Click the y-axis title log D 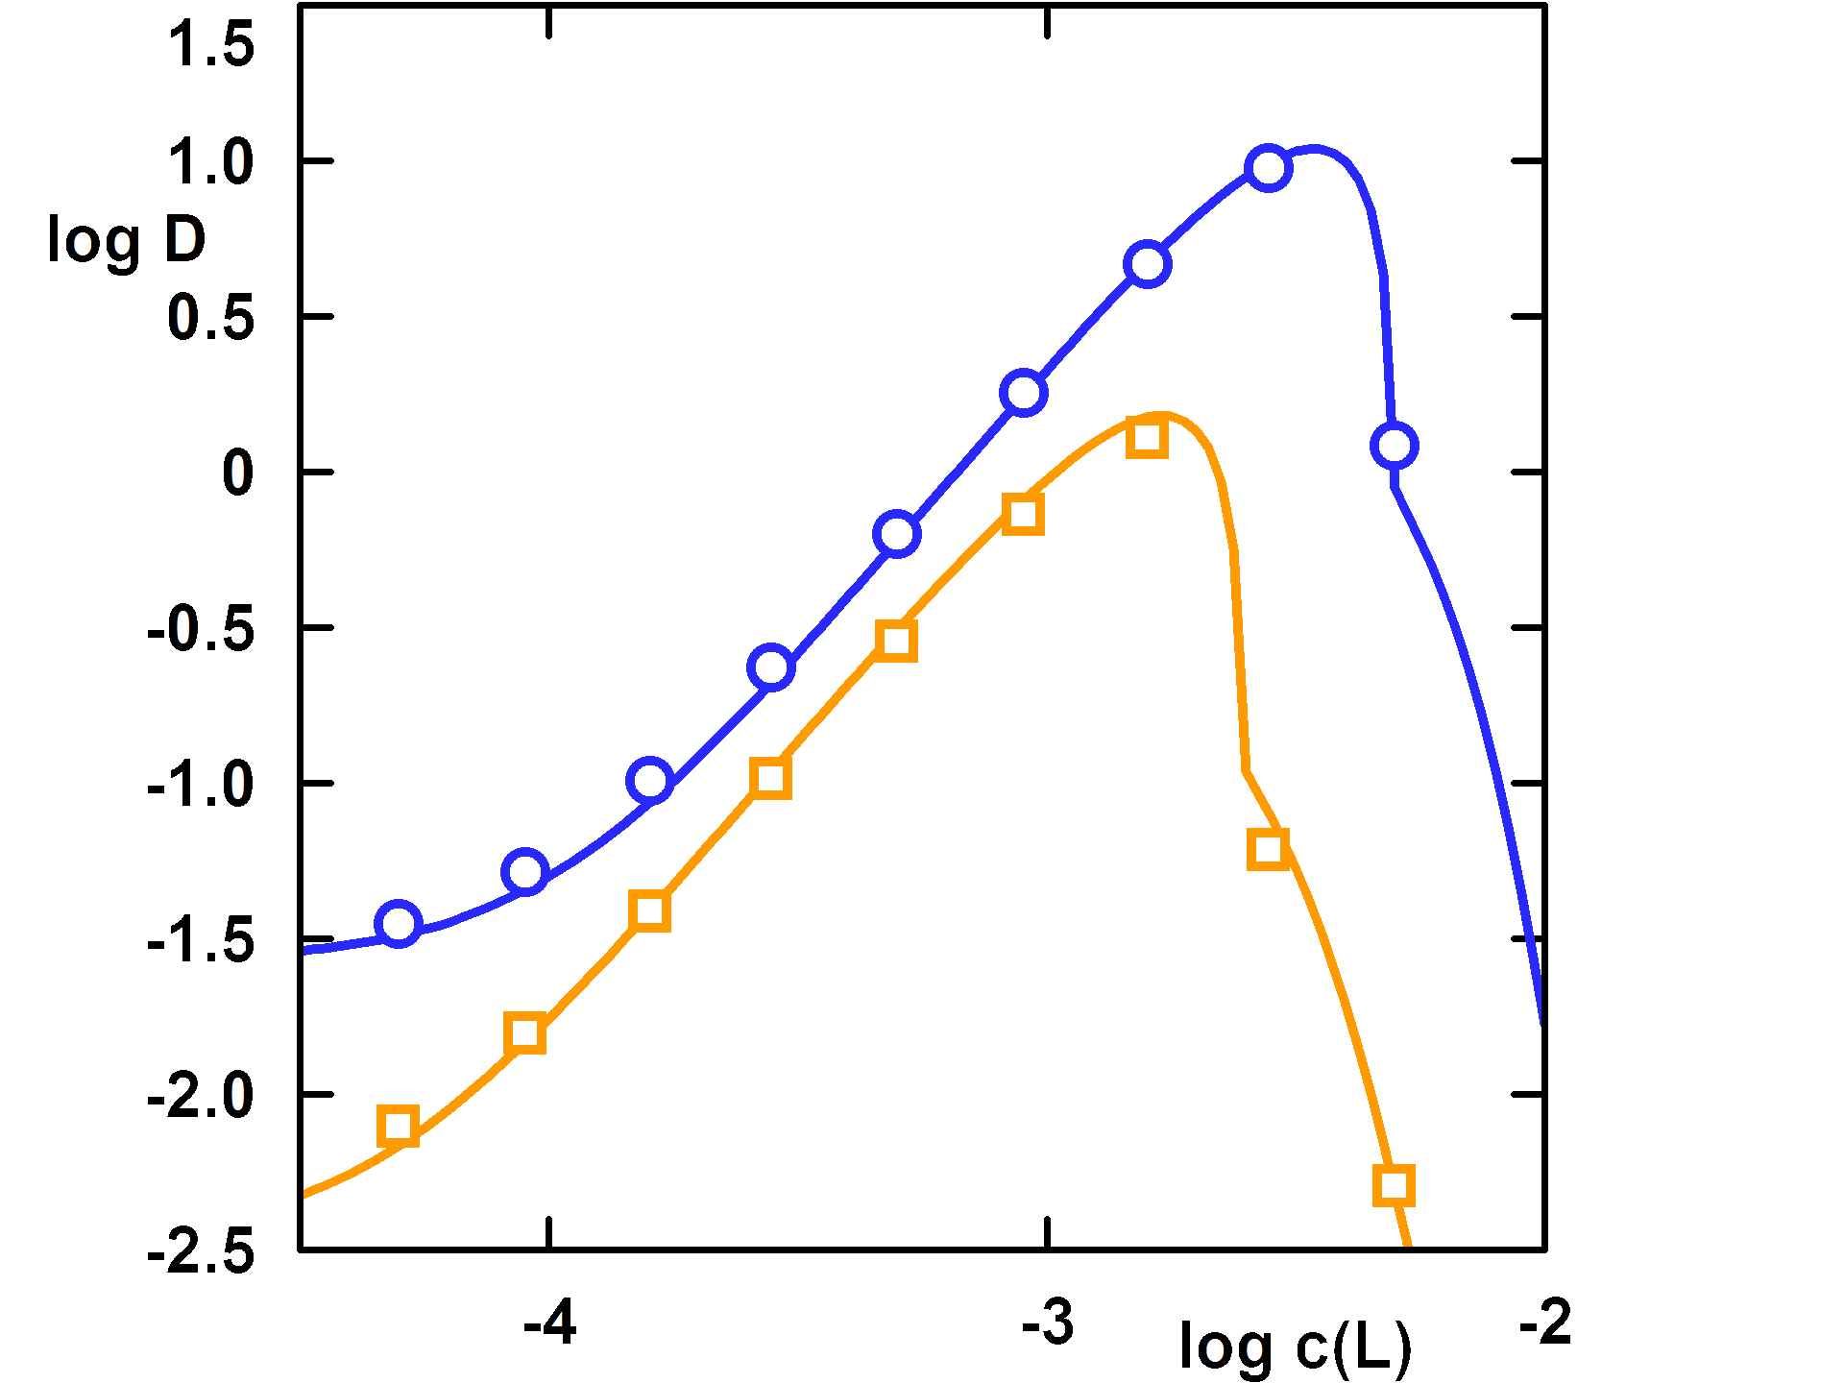click(x=127, y=240)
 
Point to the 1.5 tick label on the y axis click(x=211, y=46)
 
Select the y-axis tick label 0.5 click(x=211, y=317)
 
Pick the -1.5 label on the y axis click(x=201, y=940)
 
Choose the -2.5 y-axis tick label click(x=201, y=1251)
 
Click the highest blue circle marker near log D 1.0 click(x=1268, y=168)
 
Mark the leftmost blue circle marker click(x=399, y=924)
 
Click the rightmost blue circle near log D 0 click(x=1395, y=446)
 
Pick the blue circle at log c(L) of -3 click(x=1024, y=393)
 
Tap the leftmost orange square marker click(x=398, y=1126)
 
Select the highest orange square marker click(x=1148, y=439)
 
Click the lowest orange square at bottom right click(x=1394, y=1184)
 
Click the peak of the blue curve click(x=1314, y=149)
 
